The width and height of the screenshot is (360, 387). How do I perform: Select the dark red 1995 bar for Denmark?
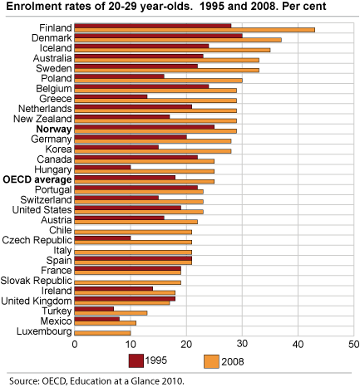click(158, 36)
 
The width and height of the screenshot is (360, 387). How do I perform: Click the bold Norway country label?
click(54, 130)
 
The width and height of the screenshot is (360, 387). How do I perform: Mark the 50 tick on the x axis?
click(353, 342)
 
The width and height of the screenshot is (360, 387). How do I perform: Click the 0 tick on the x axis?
click(75, 342)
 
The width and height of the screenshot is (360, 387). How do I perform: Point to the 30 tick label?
click(241, 342)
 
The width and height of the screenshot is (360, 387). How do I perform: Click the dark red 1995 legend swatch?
click(137, 360)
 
